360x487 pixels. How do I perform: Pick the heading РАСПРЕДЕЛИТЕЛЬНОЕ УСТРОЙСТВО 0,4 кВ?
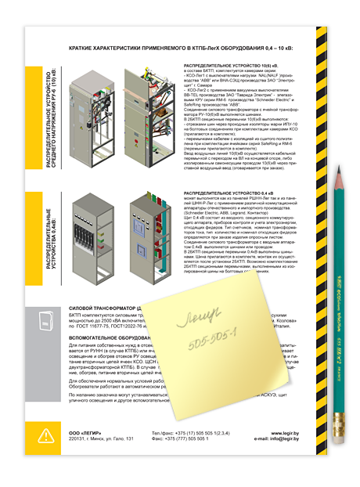(228, 193)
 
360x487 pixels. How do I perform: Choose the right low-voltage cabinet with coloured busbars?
(147, 230)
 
